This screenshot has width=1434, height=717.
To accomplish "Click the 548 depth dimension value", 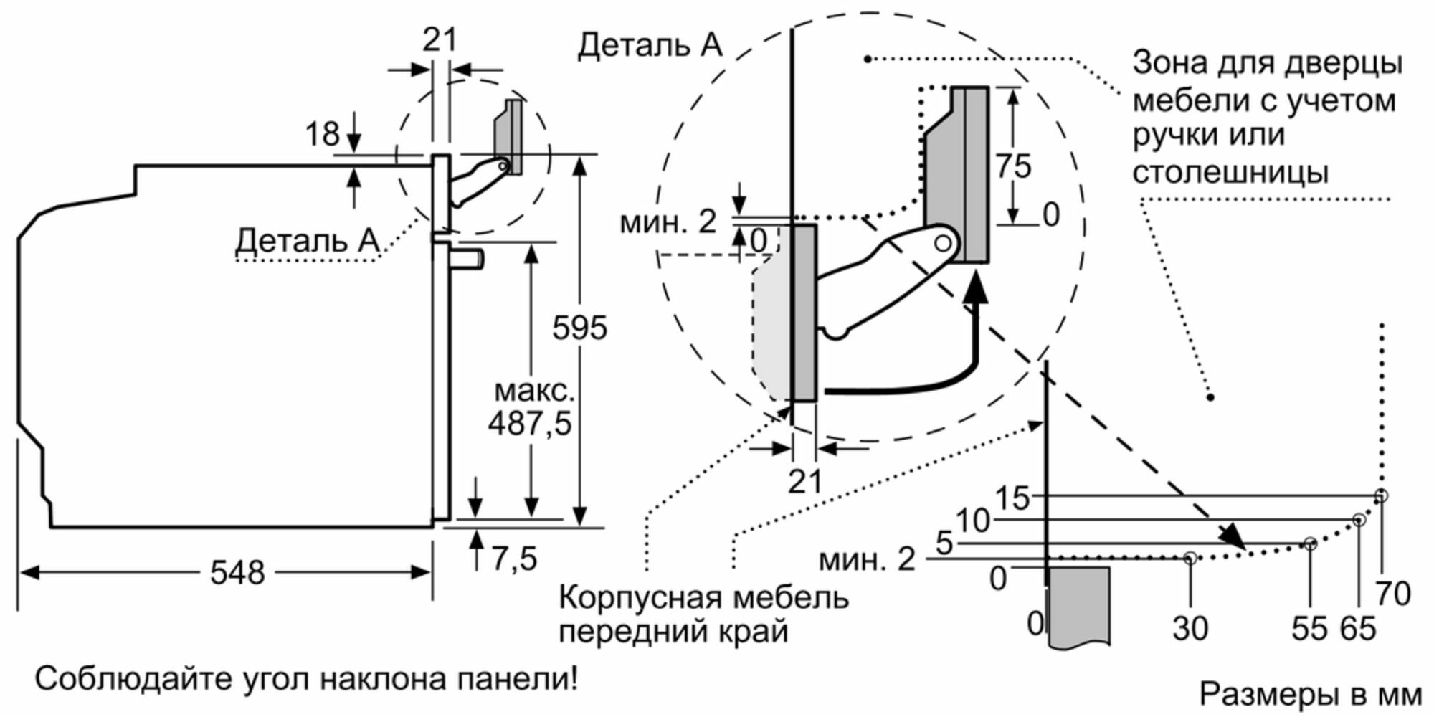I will [237, 573].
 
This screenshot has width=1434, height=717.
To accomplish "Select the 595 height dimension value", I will [579, 328].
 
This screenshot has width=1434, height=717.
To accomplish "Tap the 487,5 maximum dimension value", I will [530, 423].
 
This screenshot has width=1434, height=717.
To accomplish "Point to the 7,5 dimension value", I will [514, 558].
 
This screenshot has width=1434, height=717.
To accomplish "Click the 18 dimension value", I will [322, 134].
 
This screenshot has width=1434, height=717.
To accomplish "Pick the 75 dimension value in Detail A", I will [1014, 166].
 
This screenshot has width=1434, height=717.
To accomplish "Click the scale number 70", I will [1393, 594].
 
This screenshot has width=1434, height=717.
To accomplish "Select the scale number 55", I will [1309, 628].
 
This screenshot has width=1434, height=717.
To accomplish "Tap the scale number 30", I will [1190, 628].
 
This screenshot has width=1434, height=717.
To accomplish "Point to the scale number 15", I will [1012, 498].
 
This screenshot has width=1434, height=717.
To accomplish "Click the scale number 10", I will [972, 521].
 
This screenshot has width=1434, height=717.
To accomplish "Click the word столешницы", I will [1230, 172].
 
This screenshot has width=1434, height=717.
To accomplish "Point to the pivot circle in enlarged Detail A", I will [943, 244].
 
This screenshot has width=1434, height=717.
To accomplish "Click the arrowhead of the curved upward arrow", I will [974, 288].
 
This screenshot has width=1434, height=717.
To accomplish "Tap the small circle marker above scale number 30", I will [1190, 557].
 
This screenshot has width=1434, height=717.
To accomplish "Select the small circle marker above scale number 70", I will [1382, 495].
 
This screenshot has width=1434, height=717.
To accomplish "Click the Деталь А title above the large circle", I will [650, 45].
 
